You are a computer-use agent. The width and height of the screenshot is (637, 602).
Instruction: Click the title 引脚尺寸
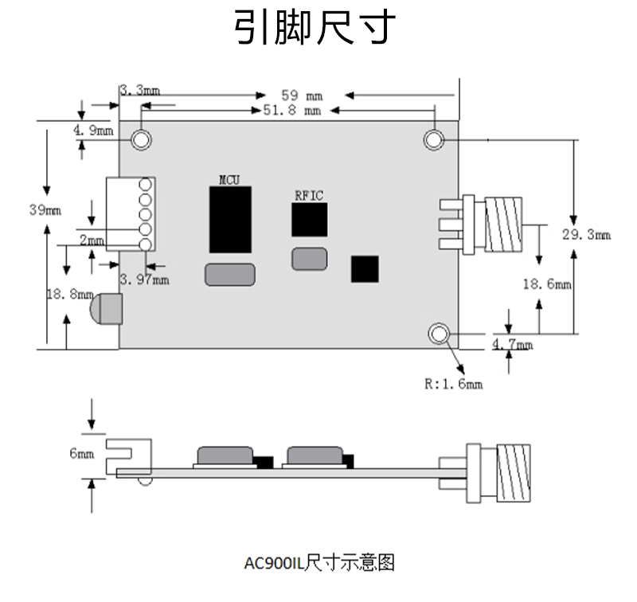pos(315,29)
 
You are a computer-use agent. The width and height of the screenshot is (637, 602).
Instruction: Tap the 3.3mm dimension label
pos(139,91)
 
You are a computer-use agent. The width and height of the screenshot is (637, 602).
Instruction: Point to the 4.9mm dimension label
pos(93,130)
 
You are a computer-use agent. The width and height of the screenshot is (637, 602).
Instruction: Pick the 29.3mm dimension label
pos(586,234)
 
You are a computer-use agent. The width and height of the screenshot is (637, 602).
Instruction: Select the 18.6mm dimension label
pos(547,283)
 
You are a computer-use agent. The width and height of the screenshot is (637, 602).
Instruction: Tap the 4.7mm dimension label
pos(513,344)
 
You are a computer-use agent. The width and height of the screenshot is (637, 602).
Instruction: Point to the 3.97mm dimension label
pos(144,279)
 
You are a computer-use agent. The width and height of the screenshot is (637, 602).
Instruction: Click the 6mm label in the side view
pos(82,453)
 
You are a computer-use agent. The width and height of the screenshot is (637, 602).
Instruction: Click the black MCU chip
pos(229,220)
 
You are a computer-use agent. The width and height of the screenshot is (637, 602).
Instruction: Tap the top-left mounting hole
pos(142,139)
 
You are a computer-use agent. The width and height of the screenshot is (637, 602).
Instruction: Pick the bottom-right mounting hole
pos(439,334)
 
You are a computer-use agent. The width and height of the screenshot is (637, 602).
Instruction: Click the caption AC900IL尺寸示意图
pos(318,564)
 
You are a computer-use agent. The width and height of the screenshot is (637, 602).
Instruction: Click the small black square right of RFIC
pos(365,268)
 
